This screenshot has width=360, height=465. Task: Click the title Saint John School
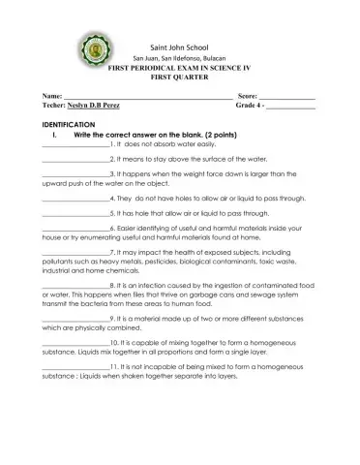tap(181, 46)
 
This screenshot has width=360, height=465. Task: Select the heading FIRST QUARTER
tap(180, 80)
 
